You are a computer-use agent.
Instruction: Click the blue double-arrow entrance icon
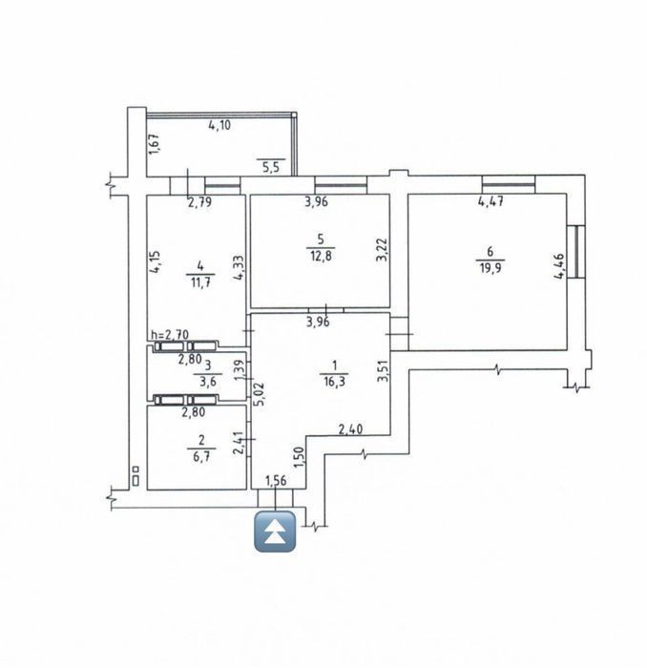(x=275, y=532)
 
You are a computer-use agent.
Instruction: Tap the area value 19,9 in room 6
(x=490, y=269)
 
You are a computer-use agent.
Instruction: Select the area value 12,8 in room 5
(x=321, y=257)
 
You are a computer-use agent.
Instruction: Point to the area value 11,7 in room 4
(x=200, y=282)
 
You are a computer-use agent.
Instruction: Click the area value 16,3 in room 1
(x=334, y=382)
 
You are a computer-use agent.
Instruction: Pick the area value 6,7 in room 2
(x=201, y=456)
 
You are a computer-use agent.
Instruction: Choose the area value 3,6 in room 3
(x=208, y=382)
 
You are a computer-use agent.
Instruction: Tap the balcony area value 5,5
(x=271, y=167)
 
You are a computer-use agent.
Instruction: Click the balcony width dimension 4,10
(x=219, y=125)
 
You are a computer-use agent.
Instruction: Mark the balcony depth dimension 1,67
(x=155, y=144)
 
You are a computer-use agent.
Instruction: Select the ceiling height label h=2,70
(x=170, y=335)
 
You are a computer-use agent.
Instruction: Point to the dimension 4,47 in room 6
(x=490, y=200)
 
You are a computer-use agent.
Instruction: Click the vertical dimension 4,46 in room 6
(x=559, y=266)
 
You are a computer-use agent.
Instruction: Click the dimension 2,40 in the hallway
(x=350, y=428)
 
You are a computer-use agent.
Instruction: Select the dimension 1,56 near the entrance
(x=276, y=481)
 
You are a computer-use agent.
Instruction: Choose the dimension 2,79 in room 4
(x=199, y=201)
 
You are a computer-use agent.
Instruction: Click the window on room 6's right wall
(x=576, y=252)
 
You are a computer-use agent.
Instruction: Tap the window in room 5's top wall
(x=341, y=185)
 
